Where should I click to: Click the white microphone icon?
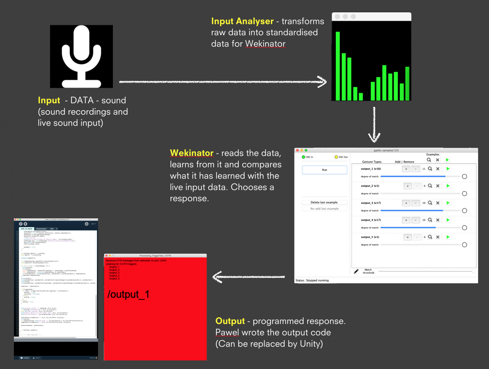click(81, 56)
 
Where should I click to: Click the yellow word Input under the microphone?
click(49, 100)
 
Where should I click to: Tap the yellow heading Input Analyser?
click(242, 21)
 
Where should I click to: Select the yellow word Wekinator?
click(192, 153)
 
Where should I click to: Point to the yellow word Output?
click(230, 321)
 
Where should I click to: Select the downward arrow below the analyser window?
click(374, 125)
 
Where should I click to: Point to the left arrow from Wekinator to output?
click(249, 277)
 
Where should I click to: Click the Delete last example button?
click(324, 202)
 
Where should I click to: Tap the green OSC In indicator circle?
click(303, 157)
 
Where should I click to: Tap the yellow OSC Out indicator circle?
click(336, 157)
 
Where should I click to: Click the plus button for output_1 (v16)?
click(406, 169)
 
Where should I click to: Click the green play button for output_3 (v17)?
click(448, 203)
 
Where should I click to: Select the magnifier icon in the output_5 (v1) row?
click(430, 237)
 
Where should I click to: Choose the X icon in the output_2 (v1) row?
click(438, 186)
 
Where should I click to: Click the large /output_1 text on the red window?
click(128, 294)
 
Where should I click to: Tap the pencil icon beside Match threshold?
click(356, 271)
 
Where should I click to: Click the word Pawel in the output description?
click(227, 333)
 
